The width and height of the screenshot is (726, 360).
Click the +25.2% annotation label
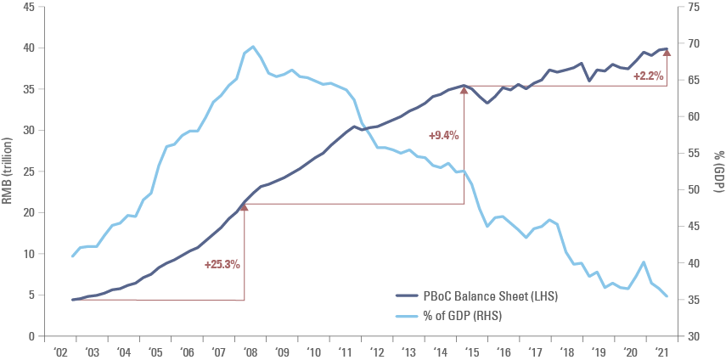pos(222,264)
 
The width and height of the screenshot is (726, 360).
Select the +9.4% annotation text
pos(443,135)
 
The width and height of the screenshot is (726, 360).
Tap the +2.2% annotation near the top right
pos(648,76)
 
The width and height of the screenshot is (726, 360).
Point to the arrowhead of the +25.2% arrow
pos(245,206)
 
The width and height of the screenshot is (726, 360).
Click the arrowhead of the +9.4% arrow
pos(464,88)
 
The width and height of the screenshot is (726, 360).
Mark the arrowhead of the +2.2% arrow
pos(667,52)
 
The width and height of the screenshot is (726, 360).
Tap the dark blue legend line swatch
pos(407,295)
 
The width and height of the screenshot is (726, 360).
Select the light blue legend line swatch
pos(407,317)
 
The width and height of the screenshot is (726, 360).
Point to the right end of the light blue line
pos(667,296)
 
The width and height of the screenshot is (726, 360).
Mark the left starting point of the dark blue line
pos(73,300)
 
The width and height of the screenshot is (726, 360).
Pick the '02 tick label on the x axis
pos(61,351)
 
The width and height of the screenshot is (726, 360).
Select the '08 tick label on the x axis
pos(251,351)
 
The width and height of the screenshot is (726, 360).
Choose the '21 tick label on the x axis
pos(664,351)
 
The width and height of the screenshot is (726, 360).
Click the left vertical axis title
pos(8,170)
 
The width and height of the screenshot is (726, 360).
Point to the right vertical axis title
pos(718,170)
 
